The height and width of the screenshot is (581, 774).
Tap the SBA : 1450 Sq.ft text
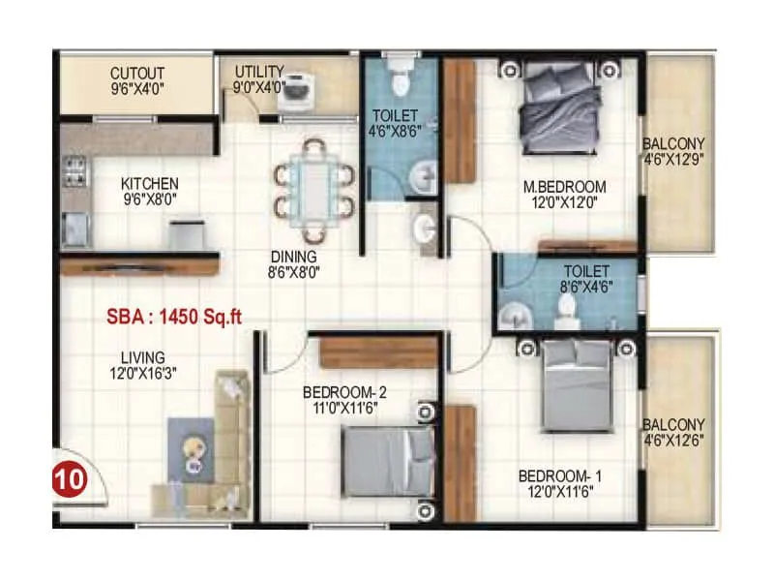(174, 317)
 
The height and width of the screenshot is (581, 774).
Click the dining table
(314, 190)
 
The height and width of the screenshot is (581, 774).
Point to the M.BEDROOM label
(565, 187)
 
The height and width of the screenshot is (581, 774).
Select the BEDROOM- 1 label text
(560, 475)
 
